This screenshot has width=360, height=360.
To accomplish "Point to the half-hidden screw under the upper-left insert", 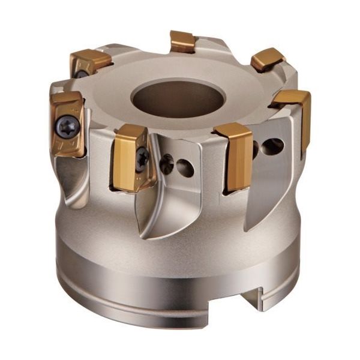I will (x=80, y=74).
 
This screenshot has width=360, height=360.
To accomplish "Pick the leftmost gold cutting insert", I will (x=67, y=124).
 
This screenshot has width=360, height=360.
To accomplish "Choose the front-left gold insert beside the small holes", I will (x=128, y=157).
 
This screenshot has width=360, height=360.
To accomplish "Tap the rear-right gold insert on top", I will (x=267, y=59).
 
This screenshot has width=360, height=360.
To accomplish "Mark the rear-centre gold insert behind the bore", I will (x=183, y=41).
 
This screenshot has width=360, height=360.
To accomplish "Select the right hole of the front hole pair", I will (x=185, y=168).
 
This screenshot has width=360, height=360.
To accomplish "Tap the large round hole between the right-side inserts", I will (x=273, y=146).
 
